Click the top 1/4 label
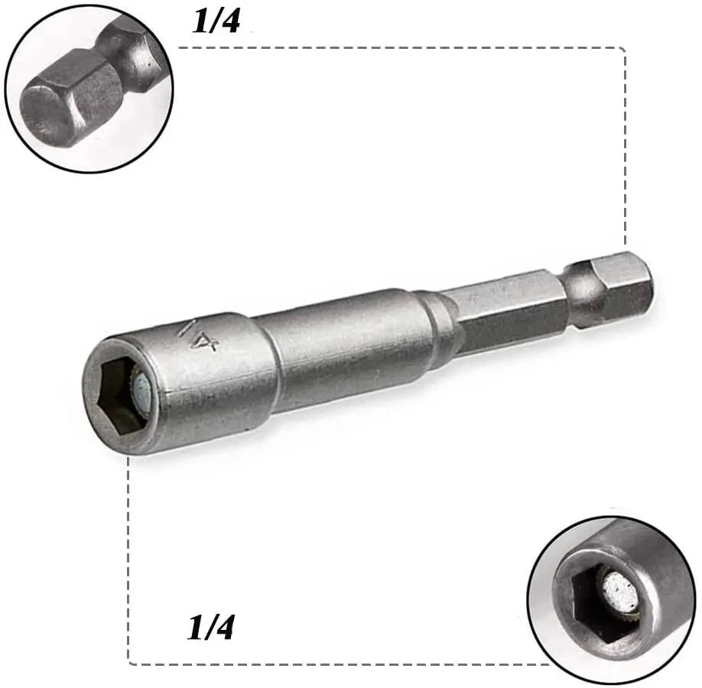click(x=216, y=21)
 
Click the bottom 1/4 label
click(x=210, y=627)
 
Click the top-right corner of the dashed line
click(x=625, y=47)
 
